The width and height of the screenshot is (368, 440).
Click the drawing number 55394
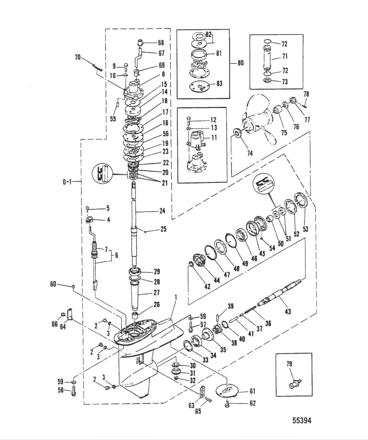[x=302, y=421]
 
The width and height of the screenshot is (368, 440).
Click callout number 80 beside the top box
[x=241, y=63]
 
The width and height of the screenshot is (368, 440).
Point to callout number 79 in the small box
[x=289, y=364]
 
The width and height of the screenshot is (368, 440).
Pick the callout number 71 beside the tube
[x=285, y=57]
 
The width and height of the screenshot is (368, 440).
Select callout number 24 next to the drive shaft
[x=162, y=211]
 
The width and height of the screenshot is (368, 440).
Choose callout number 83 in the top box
[x=219, y=84]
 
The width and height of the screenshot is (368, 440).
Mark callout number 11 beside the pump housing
[x=214, y=138]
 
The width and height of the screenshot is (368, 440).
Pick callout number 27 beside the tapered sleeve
[x=157, y=292]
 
